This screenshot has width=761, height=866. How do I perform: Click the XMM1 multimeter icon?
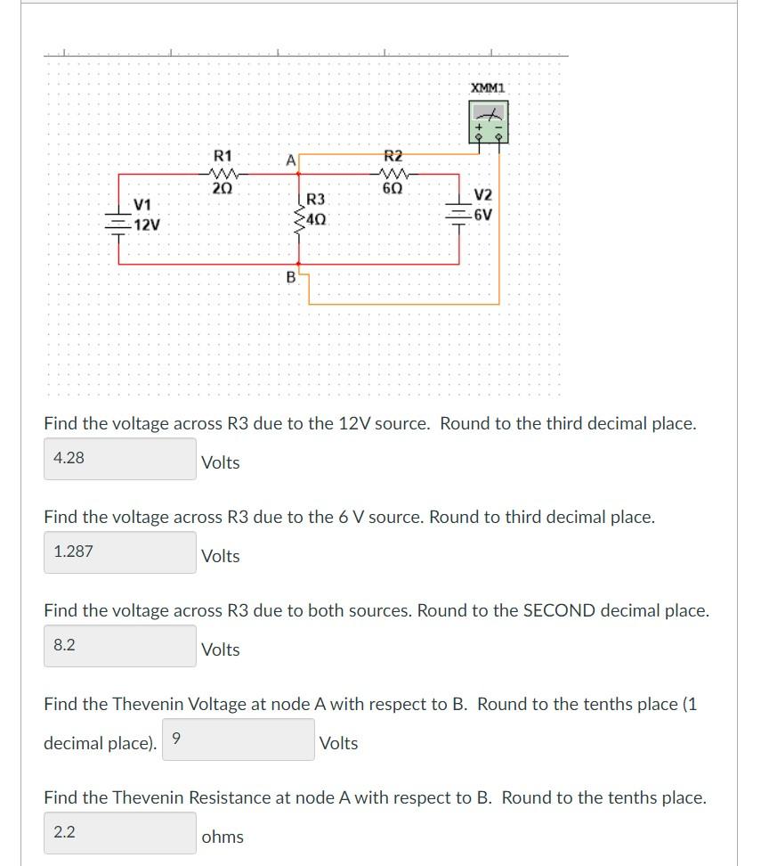click(x=488, y=123)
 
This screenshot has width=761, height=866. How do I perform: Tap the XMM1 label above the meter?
click(x=488, y=88)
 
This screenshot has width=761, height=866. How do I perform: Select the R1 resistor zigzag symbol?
click(x=219, y=174)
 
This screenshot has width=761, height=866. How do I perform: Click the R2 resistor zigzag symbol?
click(x=392, y=174)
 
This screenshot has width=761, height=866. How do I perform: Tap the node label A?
click(x=290, y=160)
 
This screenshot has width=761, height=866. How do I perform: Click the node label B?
click(x=290, y=277)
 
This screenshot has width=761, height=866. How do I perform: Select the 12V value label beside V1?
click(x=147, y=225)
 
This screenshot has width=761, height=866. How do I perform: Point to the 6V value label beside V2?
click(x=483, y=215)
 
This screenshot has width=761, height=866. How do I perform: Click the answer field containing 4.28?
click(x=120, y=459)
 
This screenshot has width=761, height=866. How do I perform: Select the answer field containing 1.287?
click(x=120, y=552)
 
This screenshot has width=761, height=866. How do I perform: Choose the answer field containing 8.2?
click(x=120, y=646)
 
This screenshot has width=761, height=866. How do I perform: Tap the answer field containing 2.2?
click(x=120, y=833)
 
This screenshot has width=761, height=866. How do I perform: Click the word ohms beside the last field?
click(x=223, y=837)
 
